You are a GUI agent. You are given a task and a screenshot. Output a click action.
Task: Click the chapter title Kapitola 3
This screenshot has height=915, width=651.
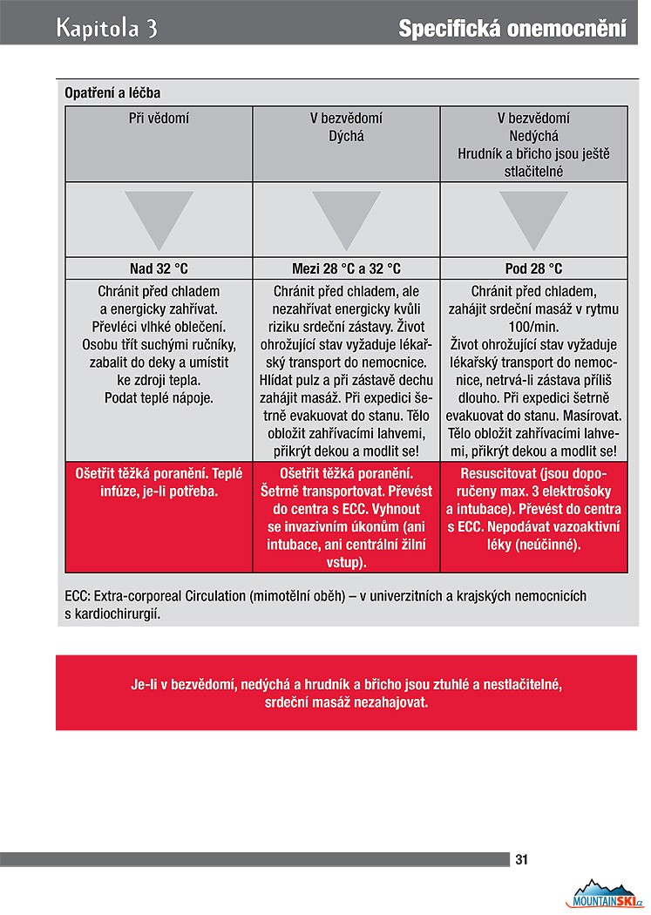coord(106,28)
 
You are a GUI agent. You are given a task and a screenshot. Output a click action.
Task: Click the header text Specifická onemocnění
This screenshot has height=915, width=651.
coord(512,29)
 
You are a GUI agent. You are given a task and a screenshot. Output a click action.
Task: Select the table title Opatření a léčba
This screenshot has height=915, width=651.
coord(112,92)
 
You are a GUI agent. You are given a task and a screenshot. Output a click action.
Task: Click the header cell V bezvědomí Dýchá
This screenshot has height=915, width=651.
coord(346,127)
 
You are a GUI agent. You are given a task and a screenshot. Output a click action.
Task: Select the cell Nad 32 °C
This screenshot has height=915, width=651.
coord(159,268)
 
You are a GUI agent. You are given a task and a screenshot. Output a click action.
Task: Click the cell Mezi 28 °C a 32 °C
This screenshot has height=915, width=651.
coord(346,268)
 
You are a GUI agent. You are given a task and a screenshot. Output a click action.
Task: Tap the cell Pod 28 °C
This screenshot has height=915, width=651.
coord(533,268)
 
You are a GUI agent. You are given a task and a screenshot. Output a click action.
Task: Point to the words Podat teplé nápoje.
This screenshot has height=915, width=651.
coord(159,397)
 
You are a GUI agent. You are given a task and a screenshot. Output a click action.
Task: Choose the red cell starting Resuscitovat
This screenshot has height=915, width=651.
coord(533,509)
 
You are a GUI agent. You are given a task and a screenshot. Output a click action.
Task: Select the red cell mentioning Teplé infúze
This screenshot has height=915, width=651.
coord(159,482)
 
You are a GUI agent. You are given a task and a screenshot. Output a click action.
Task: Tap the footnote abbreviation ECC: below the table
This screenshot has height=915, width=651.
coord(79,597)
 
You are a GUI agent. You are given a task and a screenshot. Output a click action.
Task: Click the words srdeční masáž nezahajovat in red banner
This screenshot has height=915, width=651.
coord(346,702)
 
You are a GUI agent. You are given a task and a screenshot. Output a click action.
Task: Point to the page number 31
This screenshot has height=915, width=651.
coord(522,859)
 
